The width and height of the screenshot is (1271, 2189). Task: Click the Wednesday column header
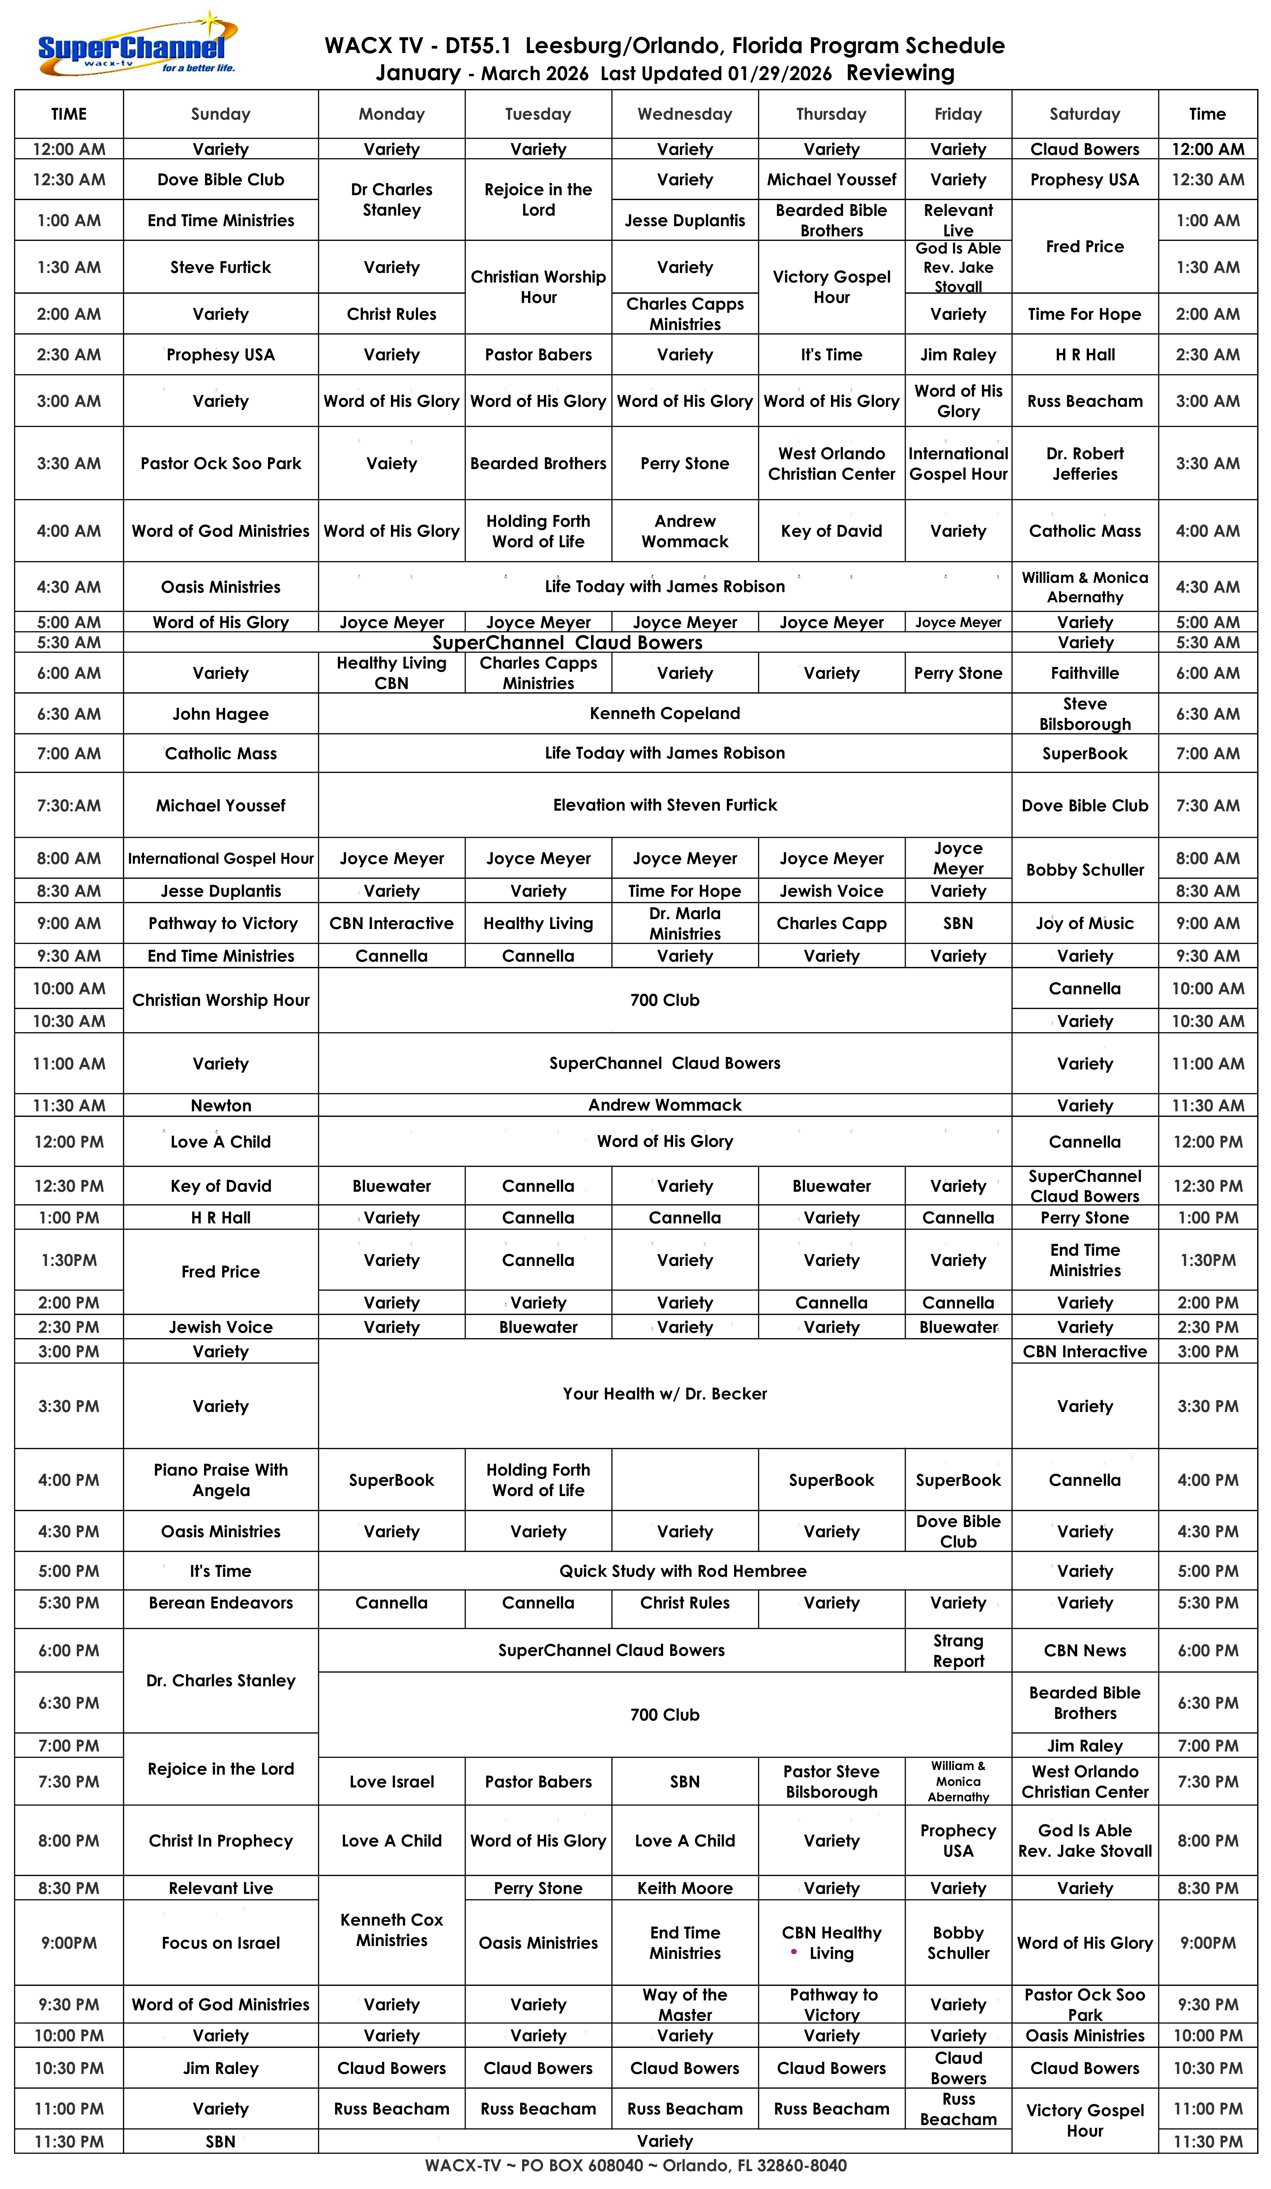(685, 114)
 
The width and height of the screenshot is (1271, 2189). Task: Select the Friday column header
(958, 114)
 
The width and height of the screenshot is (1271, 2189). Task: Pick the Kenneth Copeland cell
(665, 713)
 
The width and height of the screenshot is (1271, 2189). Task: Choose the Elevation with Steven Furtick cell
(665, 805)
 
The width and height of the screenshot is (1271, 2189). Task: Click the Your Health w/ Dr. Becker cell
(665, 1393)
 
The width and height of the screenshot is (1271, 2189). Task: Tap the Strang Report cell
(958, 1650)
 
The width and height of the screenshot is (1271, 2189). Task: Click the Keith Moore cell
(685, 1888)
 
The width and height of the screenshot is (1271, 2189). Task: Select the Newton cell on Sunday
(221, 1105)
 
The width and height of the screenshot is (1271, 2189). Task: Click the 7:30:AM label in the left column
(69, 805)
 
